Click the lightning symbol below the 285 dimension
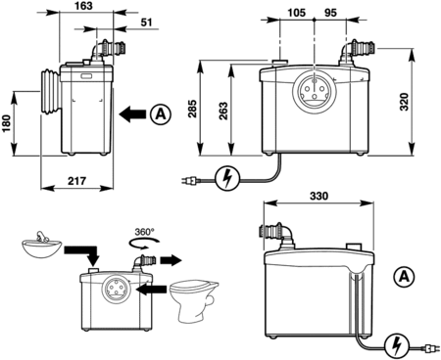(227, 178)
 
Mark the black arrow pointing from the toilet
(150, 290)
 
